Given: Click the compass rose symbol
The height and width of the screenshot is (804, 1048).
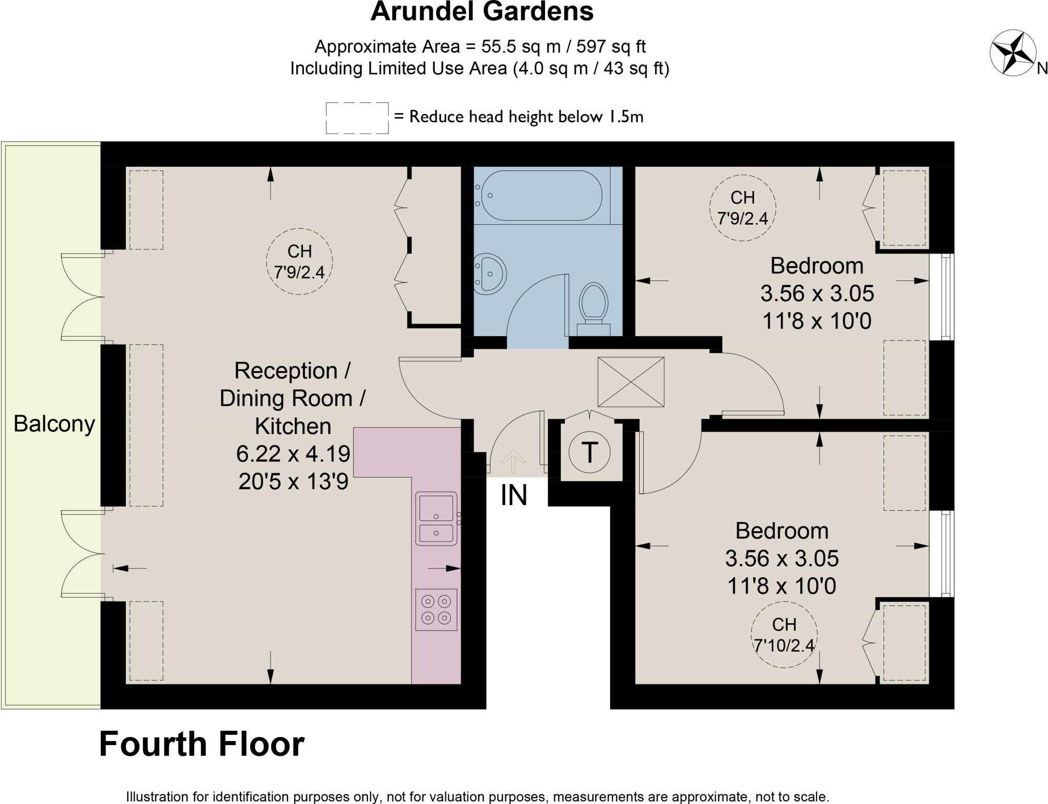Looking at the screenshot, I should coord(1013,53).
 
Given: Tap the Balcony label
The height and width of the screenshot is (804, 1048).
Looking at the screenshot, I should coord(54,424).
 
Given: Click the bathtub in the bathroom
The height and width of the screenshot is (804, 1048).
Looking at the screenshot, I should coord(542,195).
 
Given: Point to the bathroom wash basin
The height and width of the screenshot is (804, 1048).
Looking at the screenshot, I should coord(489,274).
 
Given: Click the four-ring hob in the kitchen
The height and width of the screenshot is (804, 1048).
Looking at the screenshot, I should coord(436,610).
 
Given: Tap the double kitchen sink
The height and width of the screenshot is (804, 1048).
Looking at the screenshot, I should coord(436,518).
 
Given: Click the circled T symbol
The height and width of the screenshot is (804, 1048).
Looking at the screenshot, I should coord(589,452).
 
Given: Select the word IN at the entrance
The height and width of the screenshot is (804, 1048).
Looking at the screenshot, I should coord(513,495).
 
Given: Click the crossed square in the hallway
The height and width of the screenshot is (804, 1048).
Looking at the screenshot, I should coord(631,382).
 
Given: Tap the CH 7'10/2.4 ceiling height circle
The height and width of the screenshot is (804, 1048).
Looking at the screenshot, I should coord(783,635).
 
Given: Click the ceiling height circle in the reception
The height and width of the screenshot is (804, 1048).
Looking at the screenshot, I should coord(299,262).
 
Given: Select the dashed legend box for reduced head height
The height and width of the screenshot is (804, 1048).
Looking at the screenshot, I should coord(357,118).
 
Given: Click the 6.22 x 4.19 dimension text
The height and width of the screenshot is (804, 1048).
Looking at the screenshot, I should coord(293,453).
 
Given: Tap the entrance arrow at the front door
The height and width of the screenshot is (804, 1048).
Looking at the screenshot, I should coord(513,461).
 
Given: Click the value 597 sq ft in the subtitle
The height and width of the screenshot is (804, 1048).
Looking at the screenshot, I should coord(610,47).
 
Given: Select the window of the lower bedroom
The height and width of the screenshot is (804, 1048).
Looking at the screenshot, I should coord(946,553).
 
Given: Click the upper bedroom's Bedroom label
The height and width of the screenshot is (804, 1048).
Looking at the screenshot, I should coord(817,266).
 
